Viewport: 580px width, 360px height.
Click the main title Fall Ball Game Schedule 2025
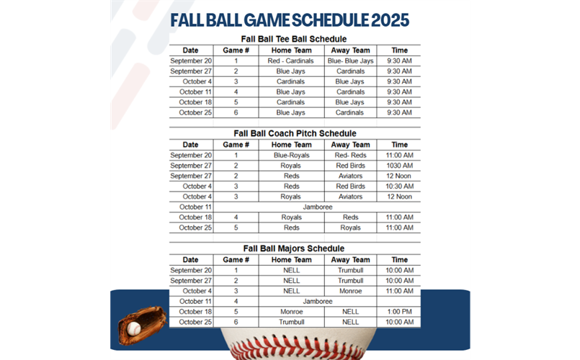coord(290,19)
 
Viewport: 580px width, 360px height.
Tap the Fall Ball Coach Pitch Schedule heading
coord(295,133)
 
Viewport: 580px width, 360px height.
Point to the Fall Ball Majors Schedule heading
coord(295,248)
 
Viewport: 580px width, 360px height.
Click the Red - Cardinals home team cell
coord(291,61)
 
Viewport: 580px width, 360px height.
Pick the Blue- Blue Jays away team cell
coord(350,61)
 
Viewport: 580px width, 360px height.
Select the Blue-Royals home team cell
coord(291,155)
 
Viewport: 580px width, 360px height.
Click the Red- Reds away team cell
coord(350,155)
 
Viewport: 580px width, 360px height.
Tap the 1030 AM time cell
coord(398,166)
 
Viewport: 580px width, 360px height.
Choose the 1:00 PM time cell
coord(398,312)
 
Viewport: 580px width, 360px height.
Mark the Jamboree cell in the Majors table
coord(317,302)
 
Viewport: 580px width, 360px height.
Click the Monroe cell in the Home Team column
coord(291,312)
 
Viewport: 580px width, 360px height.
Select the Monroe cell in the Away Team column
coord(350,291)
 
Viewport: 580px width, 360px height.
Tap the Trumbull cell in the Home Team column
coord(291,322)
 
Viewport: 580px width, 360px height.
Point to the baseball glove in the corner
coord(141,325)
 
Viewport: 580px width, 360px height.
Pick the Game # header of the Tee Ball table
coord(236,50)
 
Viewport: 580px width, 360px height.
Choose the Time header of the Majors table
coord(398,260)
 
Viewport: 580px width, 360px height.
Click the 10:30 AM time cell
coord(398,186)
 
